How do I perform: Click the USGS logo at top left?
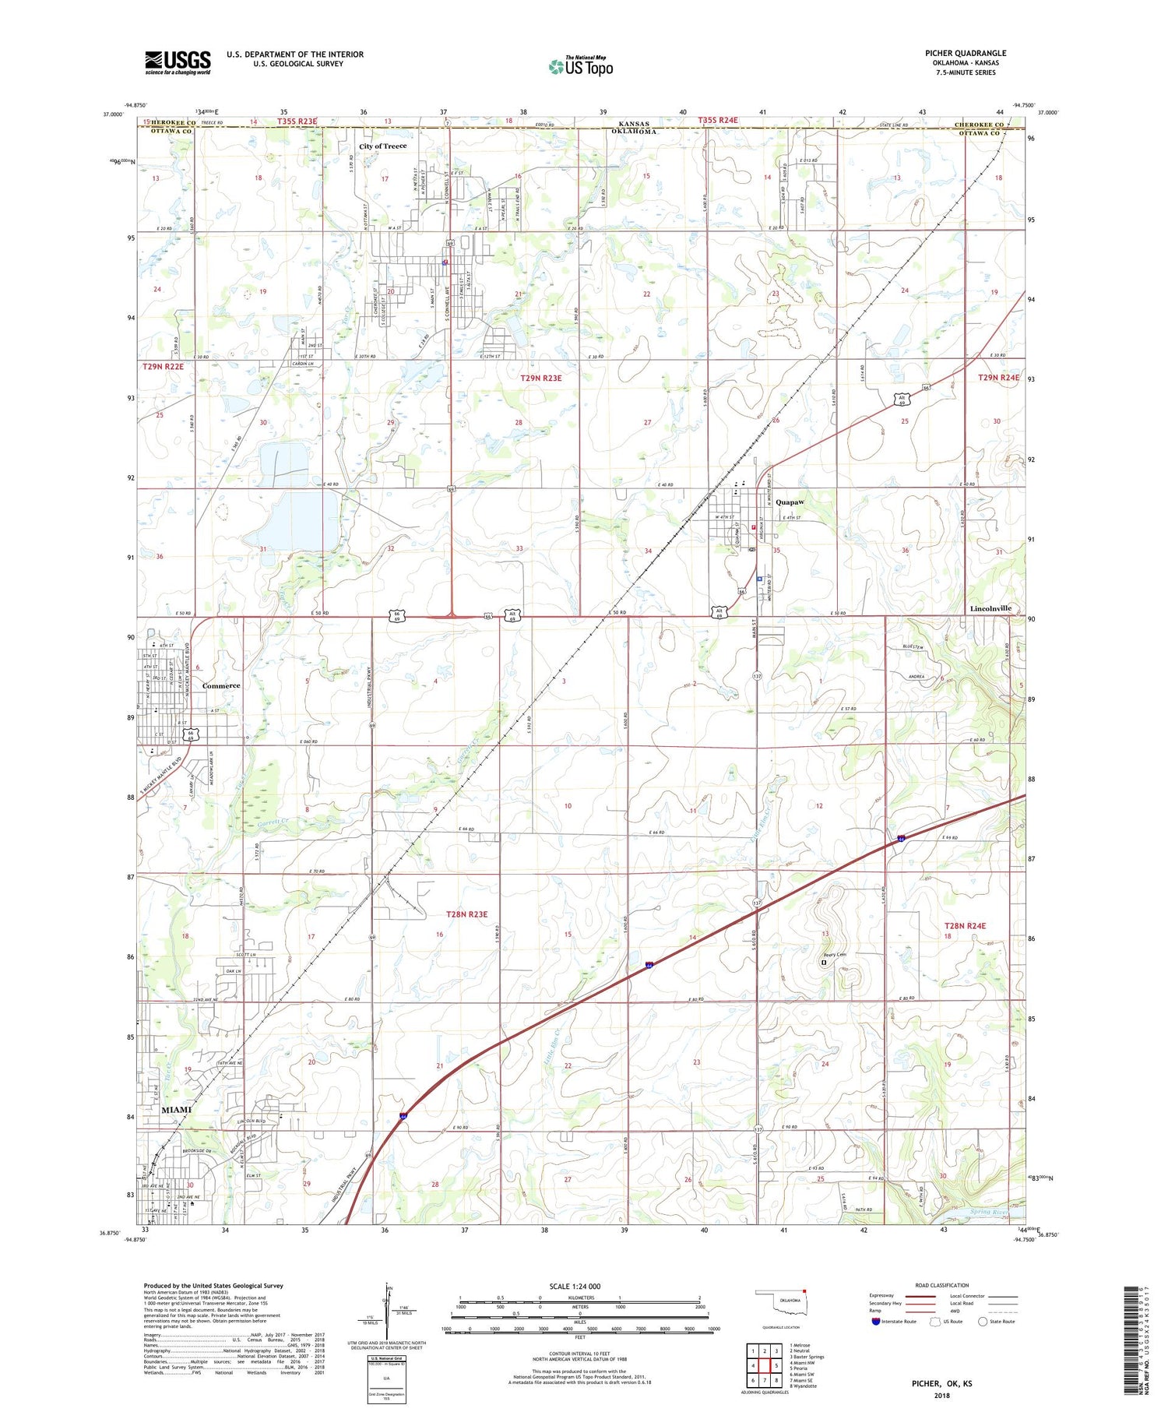click(178, 62)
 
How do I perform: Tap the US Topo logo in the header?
click(581, 67)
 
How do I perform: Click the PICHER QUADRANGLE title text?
click(965, 54)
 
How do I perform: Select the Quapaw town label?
click(790, 503)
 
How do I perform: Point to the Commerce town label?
click(221, 686)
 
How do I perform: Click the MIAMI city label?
click(176, 1110)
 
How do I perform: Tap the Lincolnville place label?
click(990, 608)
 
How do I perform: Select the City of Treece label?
click(382, 146)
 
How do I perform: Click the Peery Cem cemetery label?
click(835, 956)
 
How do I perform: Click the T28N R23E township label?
click(466, 914)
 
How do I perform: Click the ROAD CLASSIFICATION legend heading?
click(942, 1285)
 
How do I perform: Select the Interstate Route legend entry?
click(895, 1322)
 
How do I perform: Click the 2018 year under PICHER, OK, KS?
click(942, 1395)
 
